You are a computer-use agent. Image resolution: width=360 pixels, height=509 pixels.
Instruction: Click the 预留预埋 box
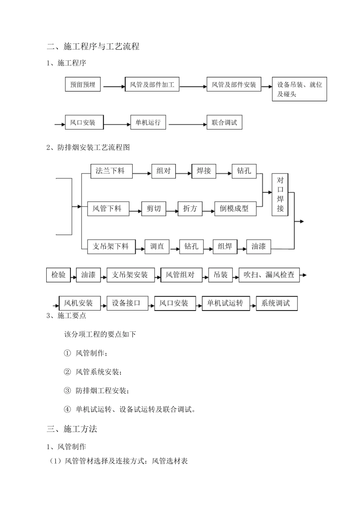83,84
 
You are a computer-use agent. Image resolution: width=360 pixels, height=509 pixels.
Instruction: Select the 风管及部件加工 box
152,84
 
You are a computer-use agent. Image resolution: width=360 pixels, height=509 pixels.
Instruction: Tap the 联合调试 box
224,122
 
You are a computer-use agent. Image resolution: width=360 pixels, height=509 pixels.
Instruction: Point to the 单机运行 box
148,122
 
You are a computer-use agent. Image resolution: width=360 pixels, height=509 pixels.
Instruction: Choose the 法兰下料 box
111,171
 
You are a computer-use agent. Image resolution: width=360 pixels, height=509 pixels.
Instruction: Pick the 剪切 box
153,209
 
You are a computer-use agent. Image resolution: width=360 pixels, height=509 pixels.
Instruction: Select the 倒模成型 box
235,209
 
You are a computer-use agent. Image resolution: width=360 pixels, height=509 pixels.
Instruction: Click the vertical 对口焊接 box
280,195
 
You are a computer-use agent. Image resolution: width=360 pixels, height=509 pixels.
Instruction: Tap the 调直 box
157,247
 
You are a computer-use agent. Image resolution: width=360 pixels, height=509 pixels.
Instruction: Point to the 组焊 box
225,247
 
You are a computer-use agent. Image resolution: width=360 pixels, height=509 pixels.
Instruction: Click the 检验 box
59,275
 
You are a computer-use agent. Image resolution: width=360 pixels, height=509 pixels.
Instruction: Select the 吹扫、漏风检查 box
269,275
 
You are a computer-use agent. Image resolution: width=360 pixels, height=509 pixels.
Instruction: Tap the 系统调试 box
277,303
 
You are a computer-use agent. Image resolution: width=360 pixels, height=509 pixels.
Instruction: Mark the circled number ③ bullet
67,390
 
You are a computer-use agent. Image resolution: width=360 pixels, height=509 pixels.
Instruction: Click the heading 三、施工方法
72,429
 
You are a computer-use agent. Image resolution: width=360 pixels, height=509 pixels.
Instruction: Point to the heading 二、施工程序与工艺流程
93,47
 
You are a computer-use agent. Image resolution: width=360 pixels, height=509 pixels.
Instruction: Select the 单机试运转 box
226,303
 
